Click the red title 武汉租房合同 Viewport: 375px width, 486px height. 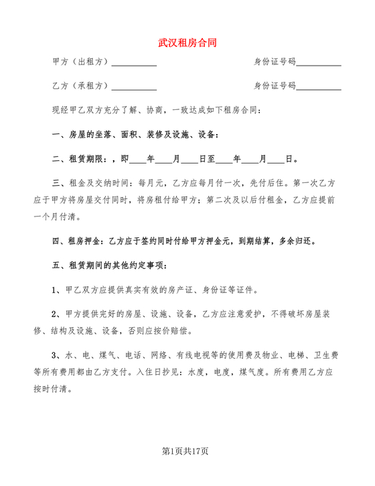tap(187, 42)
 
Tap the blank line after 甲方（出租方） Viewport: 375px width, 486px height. tap(134, 63)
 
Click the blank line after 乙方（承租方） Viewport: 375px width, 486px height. tap(134, 87)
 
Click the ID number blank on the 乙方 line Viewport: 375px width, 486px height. tap(319, 87)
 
